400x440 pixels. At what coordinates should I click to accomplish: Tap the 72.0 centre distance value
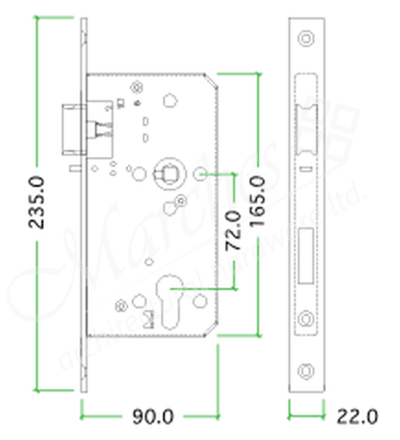pyautogui.click(x=233, y=230)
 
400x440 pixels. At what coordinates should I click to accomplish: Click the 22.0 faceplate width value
pyautogui.click(x=357, y=416)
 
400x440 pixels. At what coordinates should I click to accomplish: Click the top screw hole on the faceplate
pyautogui.click(x=306, y=38)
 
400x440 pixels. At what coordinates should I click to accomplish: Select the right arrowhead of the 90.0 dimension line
pyautogui.click(x=217, y=416)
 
